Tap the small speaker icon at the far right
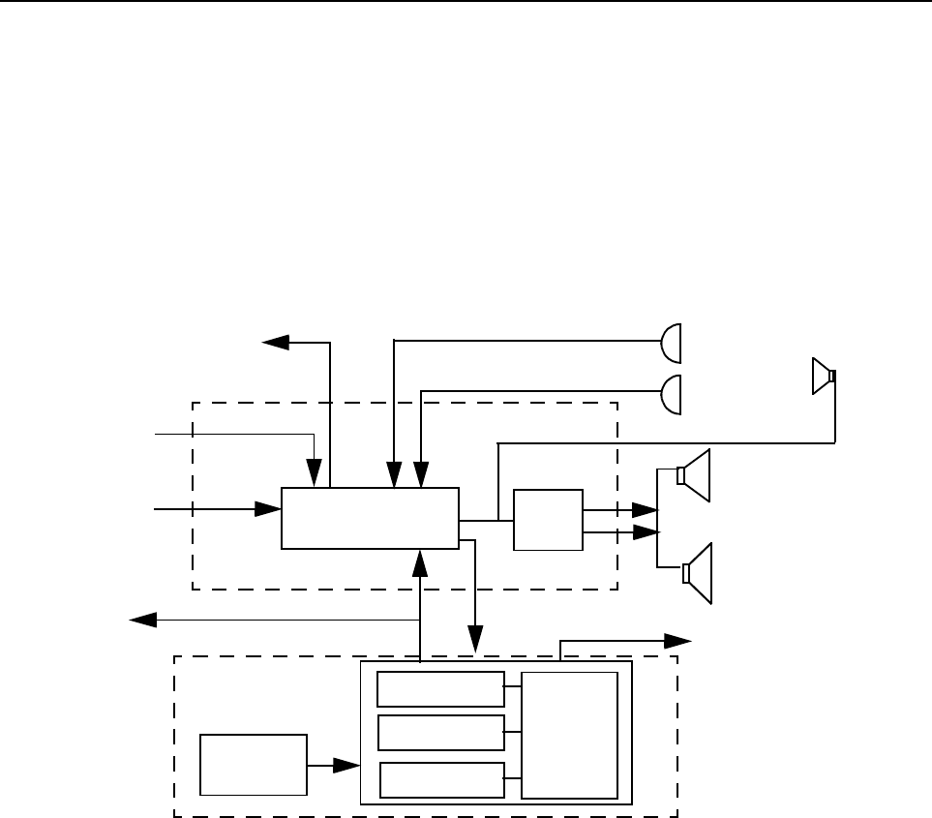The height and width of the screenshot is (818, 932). click(823, 377)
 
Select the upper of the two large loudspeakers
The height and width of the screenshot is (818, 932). click(695, 475)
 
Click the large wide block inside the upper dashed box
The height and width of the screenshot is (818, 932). click(370, 518)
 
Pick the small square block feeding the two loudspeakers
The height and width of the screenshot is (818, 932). click(549, 521)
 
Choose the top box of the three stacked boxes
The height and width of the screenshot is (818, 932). click(440, 689)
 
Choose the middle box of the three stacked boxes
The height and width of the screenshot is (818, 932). click(440, 733)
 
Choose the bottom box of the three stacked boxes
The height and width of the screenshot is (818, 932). click(441, 779)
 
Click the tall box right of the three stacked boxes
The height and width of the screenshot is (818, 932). click(570, 735)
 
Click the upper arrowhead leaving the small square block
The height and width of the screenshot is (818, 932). click(646, 510)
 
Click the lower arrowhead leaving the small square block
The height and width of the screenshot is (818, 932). click(646, 532)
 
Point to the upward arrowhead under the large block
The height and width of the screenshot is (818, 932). click(420, 560)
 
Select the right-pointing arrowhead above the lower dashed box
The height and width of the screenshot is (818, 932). click(679, 640)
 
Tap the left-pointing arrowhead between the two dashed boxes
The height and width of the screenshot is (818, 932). click(143, 621)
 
